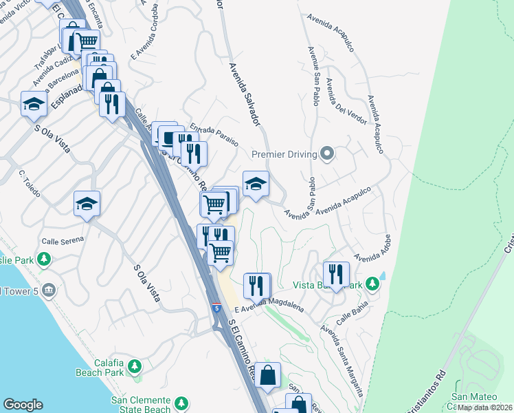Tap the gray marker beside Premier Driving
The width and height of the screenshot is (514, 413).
(x=327, y=153)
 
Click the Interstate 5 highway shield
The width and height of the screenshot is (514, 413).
(x=216, y=308)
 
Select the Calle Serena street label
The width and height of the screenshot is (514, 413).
(x=63, y=240)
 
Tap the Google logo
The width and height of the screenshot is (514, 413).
(x=22, y=404)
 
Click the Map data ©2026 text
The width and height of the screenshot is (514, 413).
(x=484, y=407)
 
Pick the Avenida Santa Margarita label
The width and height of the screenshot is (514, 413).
(x=342, y=359)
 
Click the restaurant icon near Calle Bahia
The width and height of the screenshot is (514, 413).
(x=336, y=273)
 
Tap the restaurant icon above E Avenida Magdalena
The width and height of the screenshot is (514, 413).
(x=257, y=285)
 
